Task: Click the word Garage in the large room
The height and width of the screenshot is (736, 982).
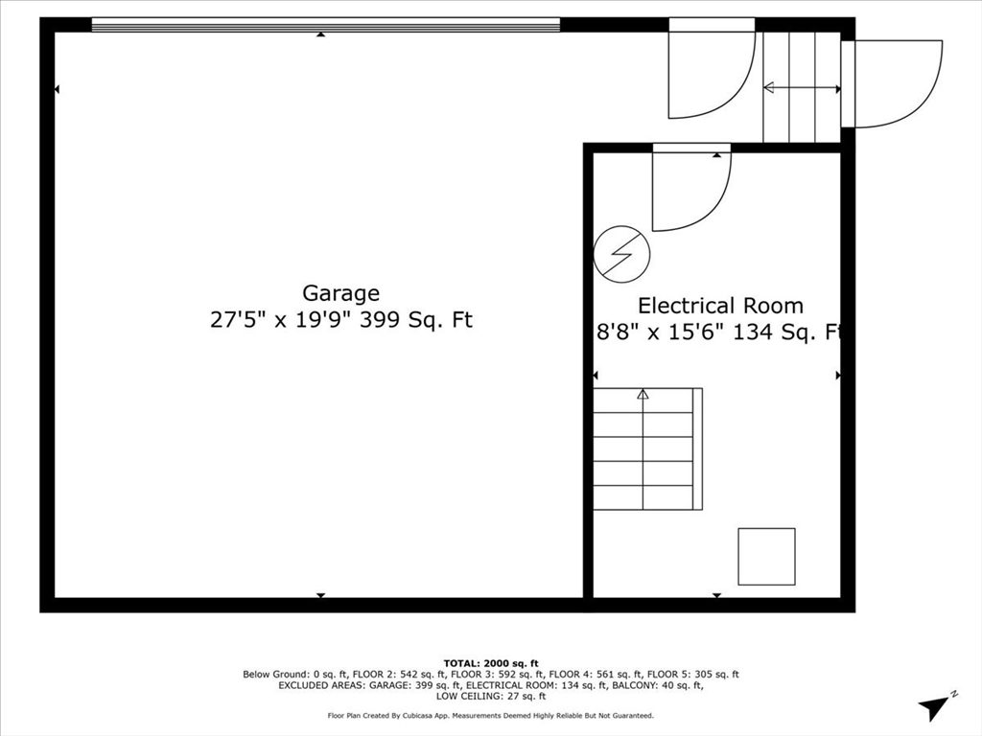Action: point(340,293)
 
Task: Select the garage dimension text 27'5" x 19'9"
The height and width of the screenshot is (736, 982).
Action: point(282,320)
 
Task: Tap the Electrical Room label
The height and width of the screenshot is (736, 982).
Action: point(720,306)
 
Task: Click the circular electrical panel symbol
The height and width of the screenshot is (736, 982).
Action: point(621,254)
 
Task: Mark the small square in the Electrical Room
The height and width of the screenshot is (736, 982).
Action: point(766,556)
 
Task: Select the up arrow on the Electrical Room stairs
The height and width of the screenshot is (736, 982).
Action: point(643,394)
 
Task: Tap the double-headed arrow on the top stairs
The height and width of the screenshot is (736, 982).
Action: point(802,88)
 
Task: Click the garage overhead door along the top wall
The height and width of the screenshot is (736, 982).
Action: point(325,24)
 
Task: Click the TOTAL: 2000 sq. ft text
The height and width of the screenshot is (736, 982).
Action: point(491,663)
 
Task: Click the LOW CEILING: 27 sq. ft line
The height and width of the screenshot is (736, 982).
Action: point(491,697)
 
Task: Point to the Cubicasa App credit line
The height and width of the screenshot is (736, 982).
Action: point(491,716)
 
